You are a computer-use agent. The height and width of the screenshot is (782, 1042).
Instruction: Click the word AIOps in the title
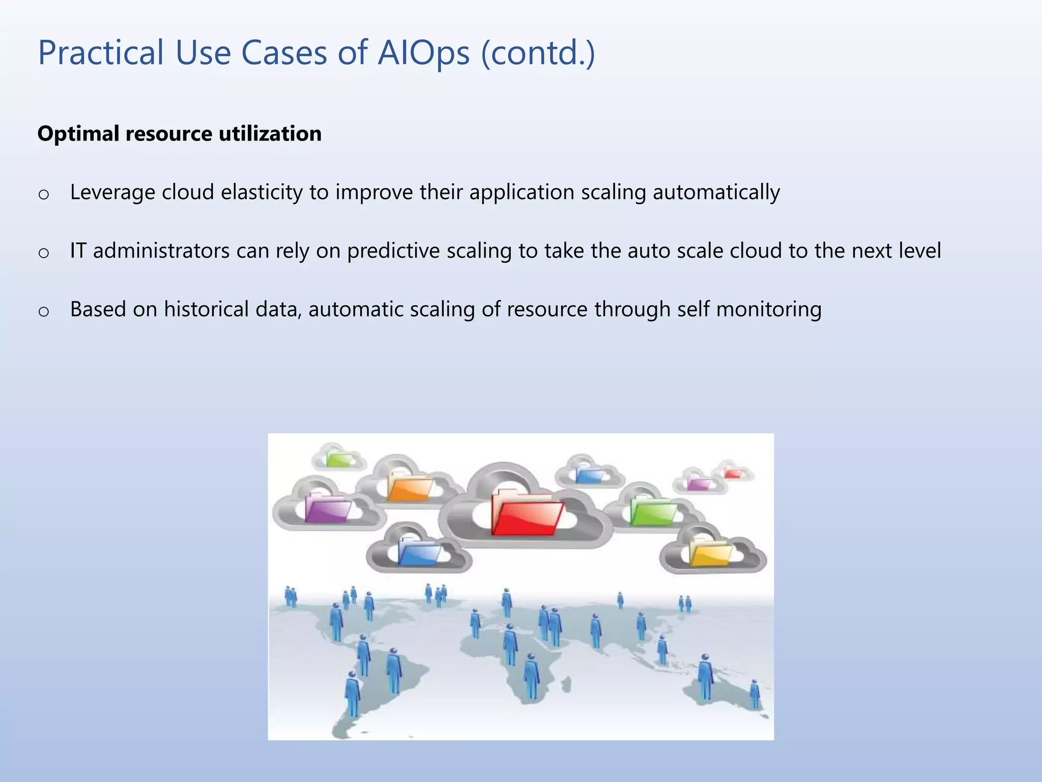point(423,53)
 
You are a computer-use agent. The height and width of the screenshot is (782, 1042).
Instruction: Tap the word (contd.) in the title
point(538,53)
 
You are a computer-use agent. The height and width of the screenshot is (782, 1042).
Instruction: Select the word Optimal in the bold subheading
point(78,134)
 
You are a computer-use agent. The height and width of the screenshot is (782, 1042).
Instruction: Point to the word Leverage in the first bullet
point(112,192)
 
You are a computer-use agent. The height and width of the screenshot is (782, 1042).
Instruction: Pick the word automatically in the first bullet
point(716,192)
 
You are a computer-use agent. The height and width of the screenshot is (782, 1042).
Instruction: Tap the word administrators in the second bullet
point(161,251)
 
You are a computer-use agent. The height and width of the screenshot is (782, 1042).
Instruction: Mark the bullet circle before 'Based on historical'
point(44,311)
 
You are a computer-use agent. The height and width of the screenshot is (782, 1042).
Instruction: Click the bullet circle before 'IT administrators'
point(44,253)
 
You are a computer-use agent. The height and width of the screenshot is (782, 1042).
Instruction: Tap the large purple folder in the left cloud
point(327,509)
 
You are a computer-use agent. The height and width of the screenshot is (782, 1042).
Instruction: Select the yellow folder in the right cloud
point(710,553)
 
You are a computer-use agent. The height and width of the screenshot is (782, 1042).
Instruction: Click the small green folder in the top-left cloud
point(338,459)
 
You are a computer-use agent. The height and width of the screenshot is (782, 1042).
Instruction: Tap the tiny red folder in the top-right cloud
point(733,473)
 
